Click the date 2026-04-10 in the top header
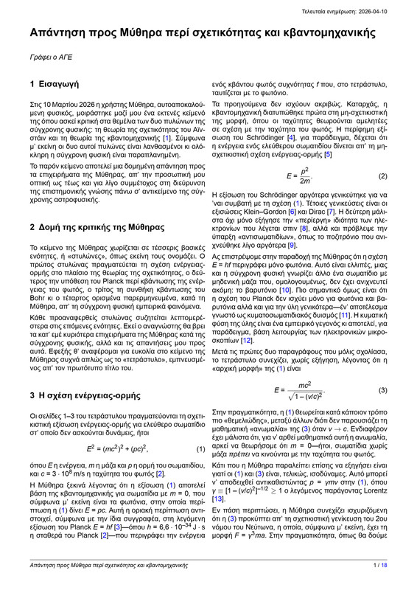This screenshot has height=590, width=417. click(x=382, y=7)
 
